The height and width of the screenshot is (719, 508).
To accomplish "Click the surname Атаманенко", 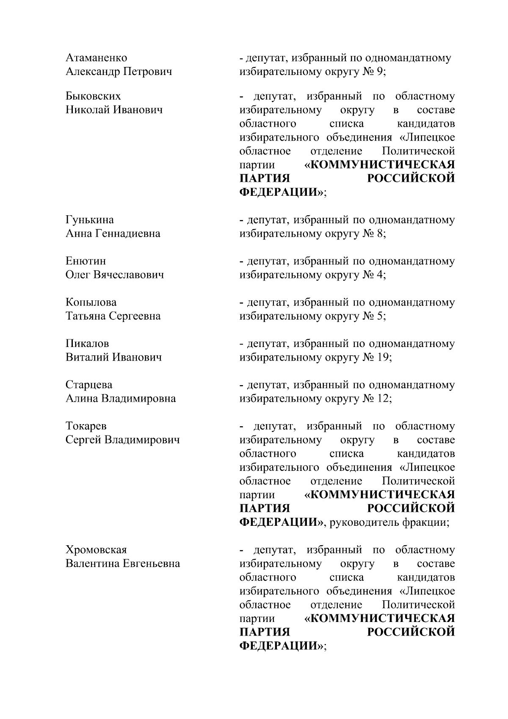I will tap(96, 58).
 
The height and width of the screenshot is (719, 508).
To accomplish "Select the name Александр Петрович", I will tap(119, 71).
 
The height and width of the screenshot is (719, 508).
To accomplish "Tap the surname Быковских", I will tap(93, 96).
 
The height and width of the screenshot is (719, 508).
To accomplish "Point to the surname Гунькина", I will tap(90, 220).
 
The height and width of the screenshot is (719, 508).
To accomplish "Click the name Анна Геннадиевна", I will tap(113, 233).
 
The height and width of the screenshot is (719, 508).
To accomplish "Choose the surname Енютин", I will tap(86, 261).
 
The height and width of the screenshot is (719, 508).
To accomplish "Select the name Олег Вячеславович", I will tap(115, 275).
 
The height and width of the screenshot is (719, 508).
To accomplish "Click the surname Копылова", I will tap(91, 302).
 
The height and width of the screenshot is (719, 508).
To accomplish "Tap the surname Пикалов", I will tap(87, 344).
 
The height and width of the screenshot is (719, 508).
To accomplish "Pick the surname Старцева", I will tap(89, 385).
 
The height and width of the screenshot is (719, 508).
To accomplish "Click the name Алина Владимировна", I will tap(121, 398).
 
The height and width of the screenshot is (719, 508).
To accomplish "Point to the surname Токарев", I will tap(86, 426).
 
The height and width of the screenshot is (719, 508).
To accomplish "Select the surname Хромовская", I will tap(96, 550).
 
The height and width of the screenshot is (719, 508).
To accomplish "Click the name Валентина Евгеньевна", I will tap(123, 564).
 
